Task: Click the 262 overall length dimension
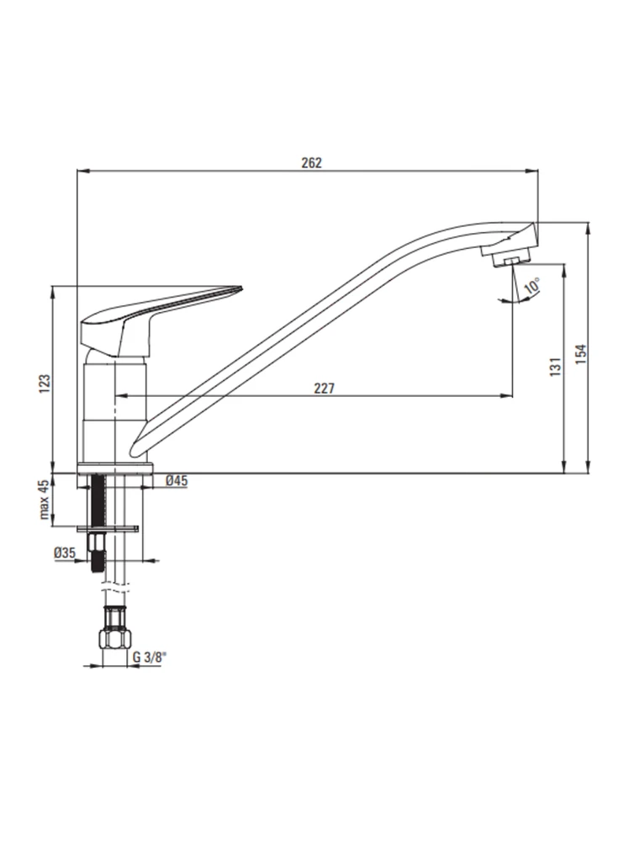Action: (x=311, y=163)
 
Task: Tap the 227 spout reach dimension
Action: (x=324, y=388)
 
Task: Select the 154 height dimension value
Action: (x=581, y=355)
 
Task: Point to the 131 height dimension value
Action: (x=556, y=367)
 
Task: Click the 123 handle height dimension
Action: (x=45, y=384)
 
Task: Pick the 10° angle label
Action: (x=531, y=285)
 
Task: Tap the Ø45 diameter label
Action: (x=177, y=480)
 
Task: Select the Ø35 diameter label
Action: (x=65, y=553)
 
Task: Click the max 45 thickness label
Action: (x=44, y=500)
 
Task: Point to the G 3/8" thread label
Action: (x=150, y=657)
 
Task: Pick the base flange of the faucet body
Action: (x=116, y=468)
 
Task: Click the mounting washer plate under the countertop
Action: (x=108, y=529)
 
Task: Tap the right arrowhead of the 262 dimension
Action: (x=533, y=172)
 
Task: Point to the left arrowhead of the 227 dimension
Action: (x=121, y=396)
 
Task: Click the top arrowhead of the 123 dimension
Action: (x=52, y=293)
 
